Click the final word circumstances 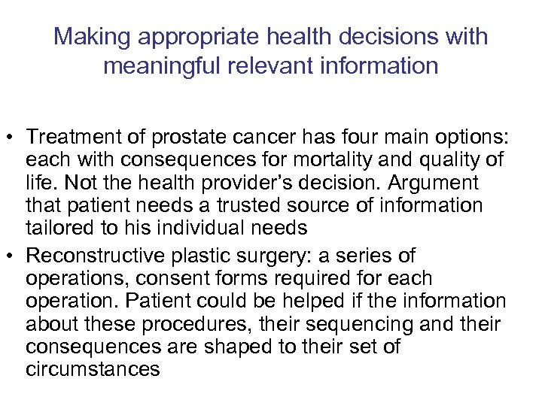click(x=93, y=368)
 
